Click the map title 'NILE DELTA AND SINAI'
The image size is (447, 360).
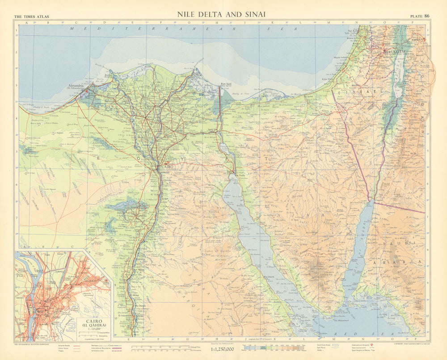point(221,14)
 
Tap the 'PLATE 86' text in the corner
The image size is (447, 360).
point(420,17)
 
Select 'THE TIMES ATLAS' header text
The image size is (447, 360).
point(31,17)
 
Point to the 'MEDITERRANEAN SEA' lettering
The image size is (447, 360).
point(179,28)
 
